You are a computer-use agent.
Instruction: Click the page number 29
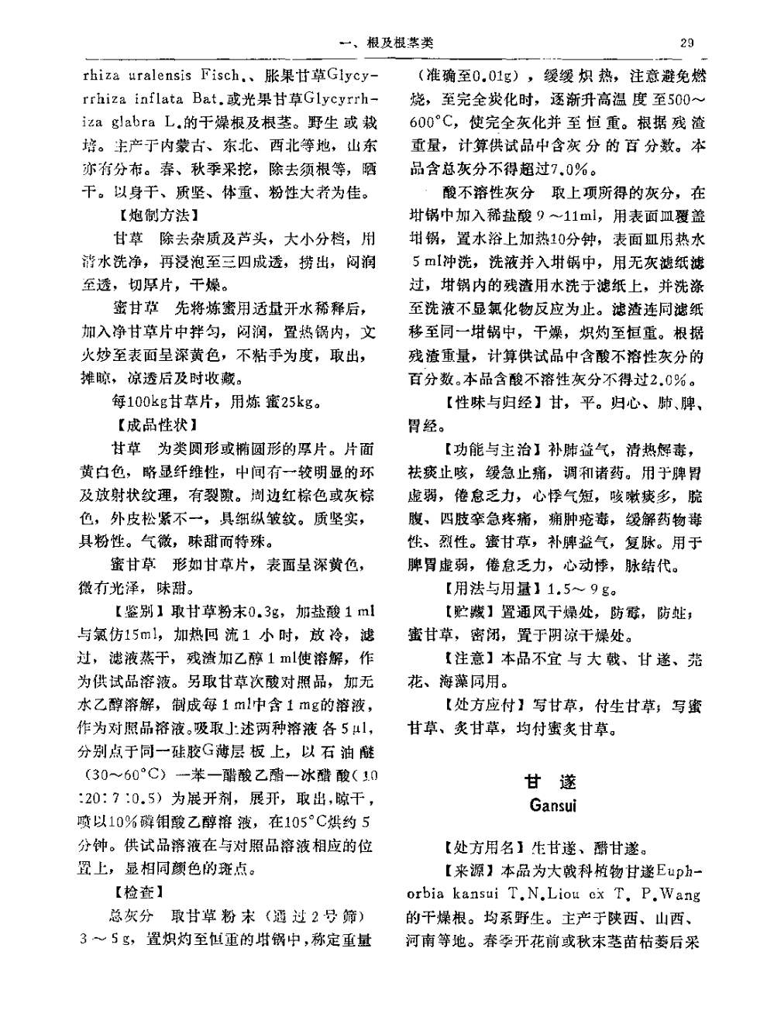(x=686, y=43)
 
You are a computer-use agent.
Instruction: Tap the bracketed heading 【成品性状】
(x=154, y=425)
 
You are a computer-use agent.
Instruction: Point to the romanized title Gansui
(x=552, y=805)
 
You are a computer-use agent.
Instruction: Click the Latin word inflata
(x=160, y=99)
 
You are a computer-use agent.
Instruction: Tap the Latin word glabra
(x=133, y=122)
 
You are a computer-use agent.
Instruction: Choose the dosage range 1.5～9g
(x=582, y=589)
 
